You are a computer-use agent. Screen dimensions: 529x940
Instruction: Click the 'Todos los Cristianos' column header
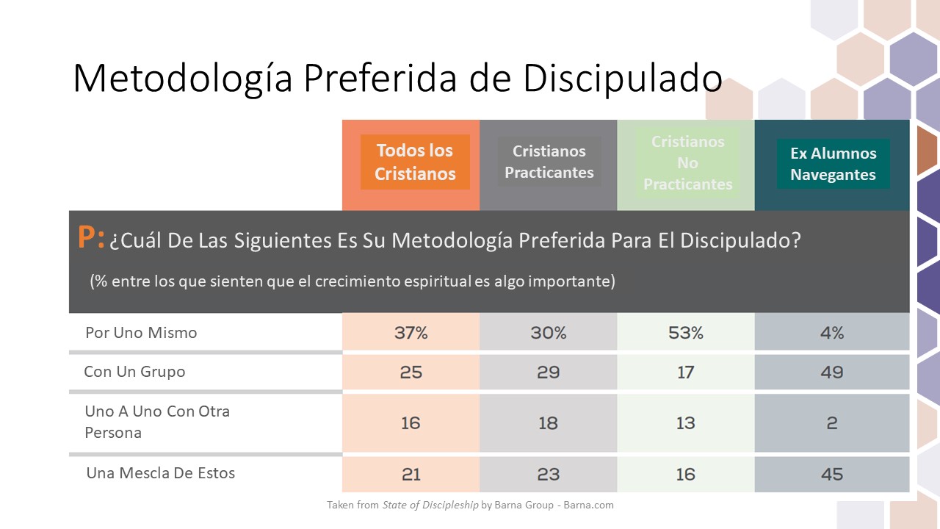point(415,162)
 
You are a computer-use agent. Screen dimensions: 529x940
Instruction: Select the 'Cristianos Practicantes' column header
point(549,162)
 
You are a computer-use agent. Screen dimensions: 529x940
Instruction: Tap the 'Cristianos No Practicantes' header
point(687,163)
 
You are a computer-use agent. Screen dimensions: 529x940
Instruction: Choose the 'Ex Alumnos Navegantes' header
point(833,164)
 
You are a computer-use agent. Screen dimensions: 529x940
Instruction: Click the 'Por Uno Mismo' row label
point(141,332)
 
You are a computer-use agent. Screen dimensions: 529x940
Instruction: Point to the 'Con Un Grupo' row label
point(134,371)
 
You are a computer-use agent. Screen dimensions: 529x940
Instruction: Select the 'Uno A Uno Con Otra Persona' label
point(157,422)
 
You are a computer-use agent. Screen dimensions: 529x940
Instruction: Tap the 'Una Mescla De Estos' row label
point(161,472)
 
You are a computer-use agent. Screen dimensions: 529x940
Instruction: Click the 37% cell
point(411,333)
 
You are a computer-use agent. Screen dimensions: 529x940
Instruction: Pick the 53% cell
point(686,333)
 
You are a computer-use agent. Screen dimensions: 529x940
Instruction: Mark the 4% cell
point(832,333)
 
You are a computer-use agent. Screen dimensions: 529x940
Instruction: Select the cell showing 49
point(832,373)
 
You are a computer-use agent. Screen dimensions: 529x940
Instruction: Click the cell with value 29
point(548,373)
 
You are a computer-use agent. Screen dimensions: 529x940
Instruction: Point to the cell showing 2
point(832,423)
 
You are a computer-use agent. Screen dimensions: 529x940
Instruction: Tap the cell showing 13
point(686,423)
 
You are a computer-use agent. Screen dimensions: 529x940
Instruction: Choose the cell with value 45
point(832,475)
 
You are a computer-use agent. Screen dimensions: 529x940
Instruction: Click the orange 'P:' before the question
point(91,239)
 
